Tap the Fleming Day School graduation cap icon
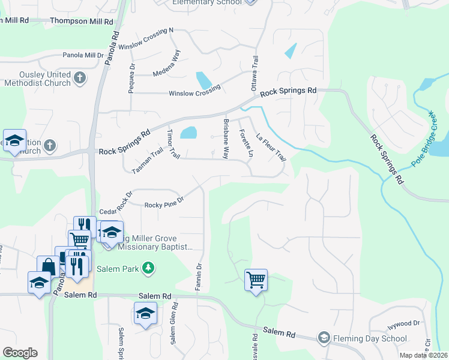[324, 338]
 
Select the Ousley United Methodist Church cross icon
[79, 77]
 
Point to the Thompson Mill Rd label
[82, 21]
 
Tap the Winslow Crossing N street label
[146, 38]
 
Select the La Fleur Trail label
[270, 147]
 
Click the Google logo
[20, 353]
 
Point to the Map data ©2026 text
[423, 355]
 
